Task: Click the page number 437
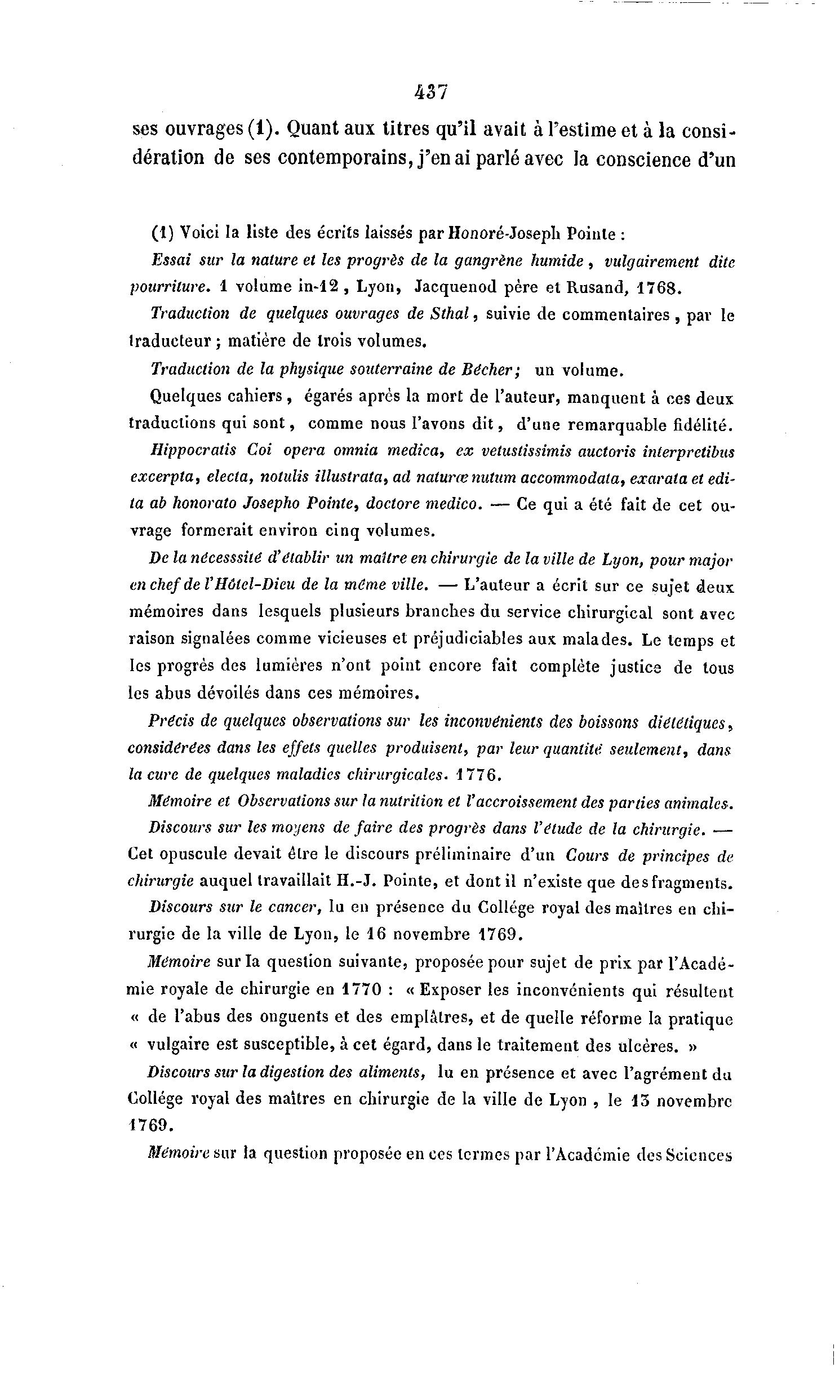pos(430,92)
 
